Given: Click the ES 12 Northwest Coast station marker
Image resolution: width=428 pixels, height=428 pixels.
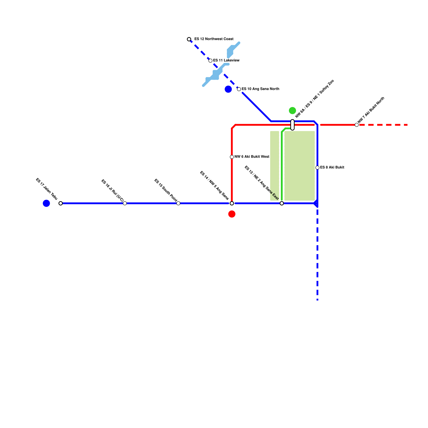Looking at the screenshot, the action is click(189, 39).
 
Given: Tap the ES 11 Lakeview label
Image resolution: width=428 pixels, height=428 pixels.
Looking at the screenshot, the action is click(226, 60).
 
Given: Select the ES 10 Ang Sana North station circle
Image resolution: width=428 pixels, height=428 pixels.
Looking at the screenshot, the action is click(239, 89).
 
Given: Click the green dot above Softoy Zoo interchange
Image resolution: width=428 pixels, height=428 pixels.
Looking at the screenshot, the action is click(292, 110).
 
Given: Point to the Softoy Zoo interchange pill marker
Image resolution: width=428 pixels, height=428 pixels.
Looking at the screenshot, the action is click(292, 125).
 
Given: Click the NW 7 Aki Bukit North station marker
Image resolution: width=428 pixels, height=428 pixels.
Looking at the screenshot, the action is click(357, 125).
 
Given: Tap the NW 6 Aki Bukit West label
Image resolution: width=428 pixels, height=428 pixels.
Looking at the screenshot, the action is click(252, 157).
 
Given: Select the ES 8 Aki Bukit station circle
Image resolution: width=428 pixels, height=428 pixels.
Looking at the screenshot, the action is click(317, 168).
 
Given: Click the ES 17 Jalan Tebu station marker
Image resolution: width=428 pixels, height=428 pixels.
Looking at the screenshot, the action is click(61, 203).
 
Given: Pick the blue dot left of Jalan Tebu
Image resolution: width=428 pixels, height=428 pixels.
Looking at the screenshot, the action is click(46, 203).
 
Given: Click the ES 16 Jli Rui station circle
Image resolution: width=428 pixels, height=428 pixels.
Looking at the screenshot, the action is click(125, 203).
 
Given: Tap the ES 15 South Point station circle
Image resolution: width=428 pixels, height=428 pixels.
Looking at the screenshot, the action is click(178, 203).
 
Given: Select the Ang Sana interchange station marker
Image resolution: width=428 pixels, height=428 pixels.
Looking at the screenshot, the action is click(232, 203).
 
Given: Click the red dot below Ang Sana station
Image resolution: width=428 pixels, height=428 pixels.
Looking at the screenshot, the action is click(232, 214).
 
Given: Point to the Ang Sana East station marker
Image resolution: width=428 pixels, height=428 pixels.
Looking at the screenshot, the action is click(282, 203).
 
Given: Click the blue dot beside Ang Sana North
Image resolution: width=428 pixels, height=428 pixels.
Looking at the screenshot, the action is click(228, 89).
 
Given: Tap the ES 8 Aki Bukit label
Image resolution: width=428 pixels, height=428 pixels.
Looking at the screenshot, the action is click(332, 167).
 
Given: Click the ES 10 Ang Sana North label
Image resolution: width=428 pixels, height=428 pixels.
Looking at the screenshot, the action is click(260, 89).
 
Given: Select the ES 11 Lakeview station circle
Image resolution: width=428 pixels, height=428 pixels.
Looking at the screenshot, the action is click(211, 61).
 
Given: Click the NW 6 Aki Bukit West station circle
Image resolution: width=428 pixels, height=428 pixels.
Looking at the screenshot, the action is click(232, 157).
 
